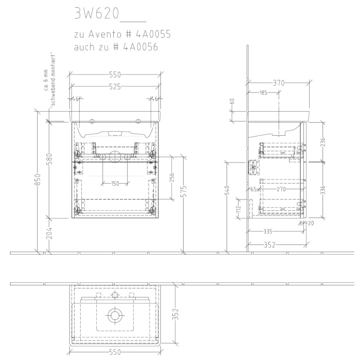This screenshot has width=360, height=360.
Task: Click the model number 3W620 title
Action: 97,14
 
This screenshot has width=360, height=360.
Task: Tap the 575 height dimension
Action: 185,191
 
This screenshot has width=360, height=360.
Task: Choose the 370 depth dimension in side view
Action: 279,82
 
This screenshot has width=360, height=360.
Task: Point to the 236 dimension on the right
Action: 323,142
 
